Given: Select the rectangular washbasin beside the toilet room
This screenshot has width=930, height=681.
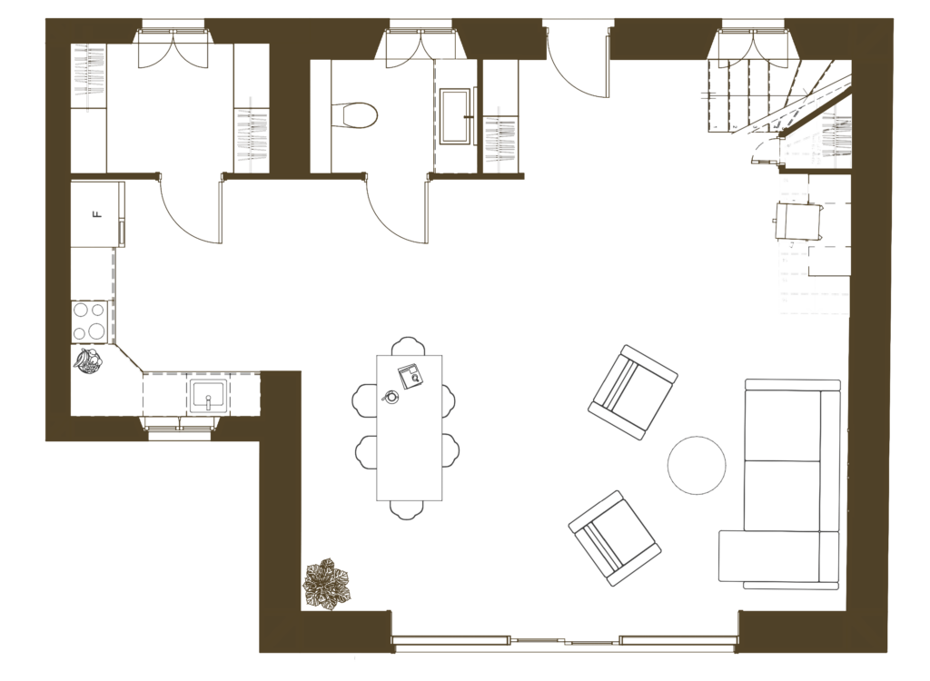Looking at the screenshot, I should (455, 115).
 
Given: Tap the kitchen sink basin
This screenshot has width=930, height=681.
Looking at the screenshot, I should (209, 396).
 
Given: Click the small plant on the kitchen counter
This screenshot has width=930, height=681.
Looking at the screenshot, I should (90, 361).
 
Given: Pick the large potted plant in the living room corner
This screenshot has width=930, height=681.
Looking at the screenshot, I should (327, 584).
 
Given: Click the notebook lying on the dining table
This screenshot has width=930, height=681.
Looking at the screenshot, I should (410, 374).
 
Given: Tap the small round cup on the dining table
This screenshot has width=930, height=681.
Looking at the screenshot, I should (391, 397).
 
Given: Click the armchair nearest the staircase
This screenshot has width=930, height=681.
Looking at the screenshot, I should (633, 392).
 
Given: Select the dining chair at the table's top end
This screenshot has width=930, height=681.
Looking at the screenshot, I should (408, 346).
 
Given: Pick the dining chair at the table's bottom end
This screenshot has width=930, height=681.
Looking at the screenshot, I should (408, 509).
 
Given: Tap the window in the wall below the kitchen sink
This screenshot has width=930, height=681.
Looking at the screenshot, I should (180, 435).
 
